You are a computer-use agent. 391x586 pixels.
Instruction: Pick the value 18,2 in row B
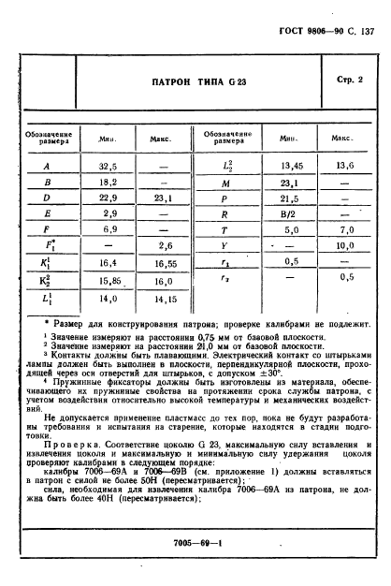pyautogui.click(x=108, y=184)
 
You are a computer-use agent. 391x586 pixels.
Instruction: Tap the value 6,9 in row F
pyautogui.click(x=108, y=231)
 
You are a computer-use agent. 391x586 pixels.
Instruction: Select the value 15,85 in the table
pyautogui.click(x=108, y=281)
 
